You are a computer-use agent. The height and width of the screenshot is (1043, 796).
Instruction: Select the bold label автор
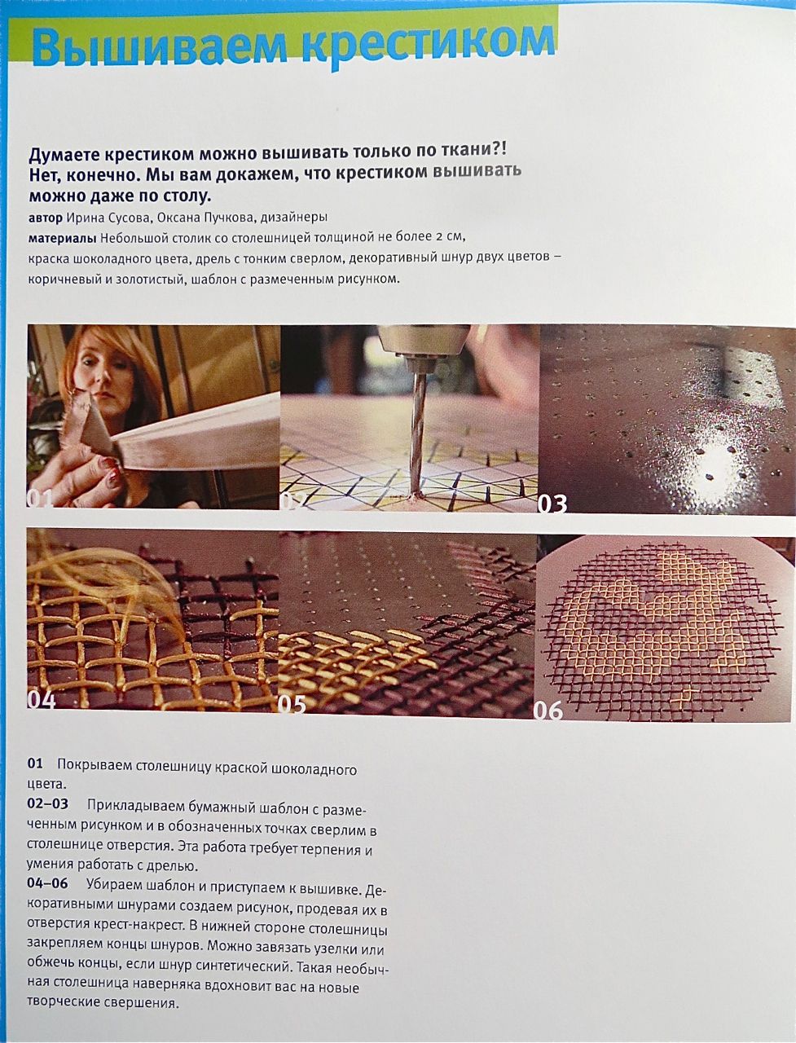pyautogui.click(x=45, y=218)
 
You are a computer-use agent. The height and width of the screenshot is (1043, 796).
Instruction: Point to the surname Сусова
pyautogui.click(x=127, y=218)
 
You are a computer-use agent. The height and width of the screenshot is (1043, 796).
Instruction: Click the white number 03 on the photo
pyautogui.click(x=552, y=504)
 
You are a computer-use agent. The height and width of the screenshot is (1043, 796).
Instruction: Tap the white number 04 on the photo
pyautogui.click(x=41, y=699)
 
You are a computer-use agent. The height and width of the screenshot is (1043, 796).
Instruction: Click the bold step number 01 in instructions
pyautogui.click(x=35, y=764)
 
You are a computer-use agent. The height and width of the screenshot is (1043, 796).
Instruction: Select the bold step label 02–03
pyautogui.click(x=47, y=803)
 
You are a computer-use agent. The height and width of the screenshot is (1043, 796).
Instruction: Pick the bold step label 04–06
pyautogui.click(x=47, y=883)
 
